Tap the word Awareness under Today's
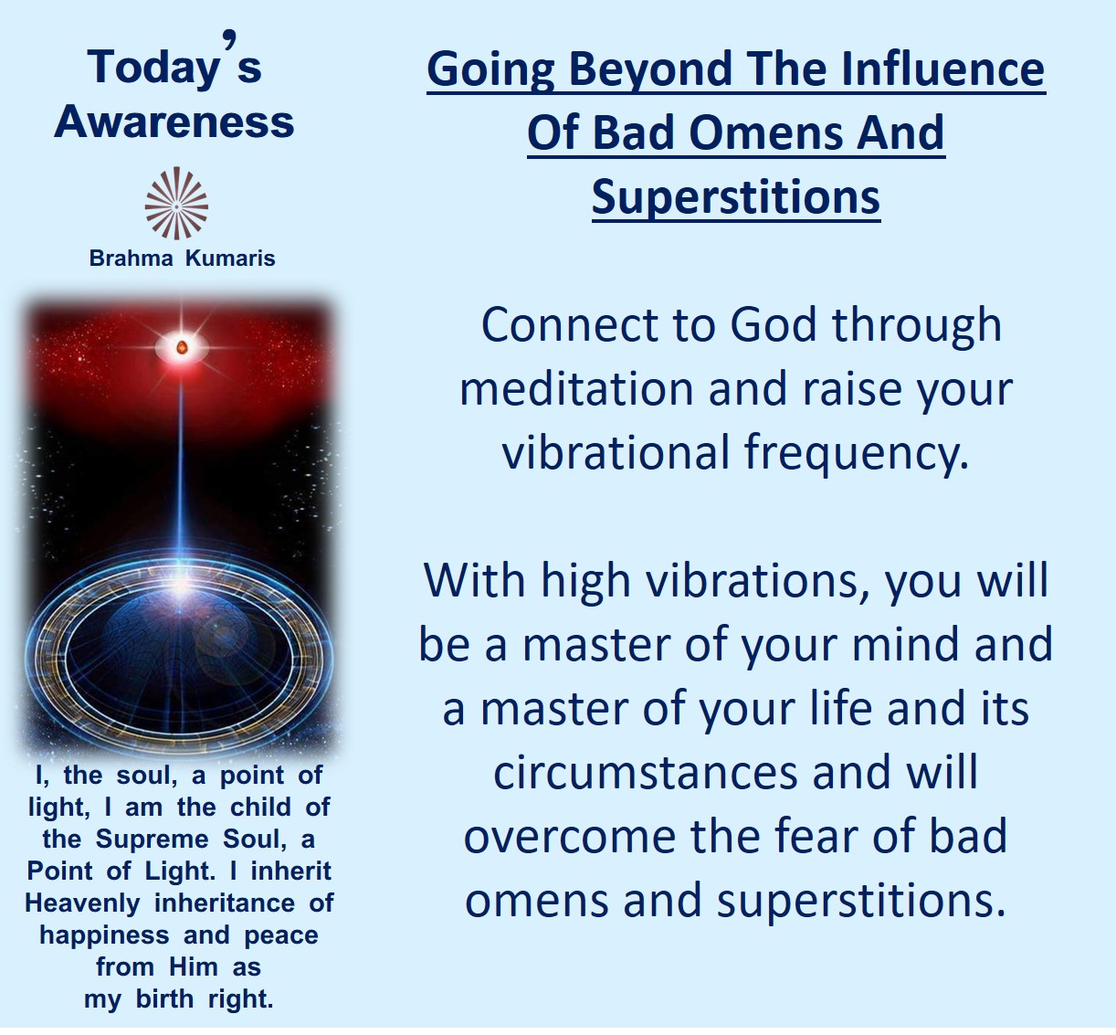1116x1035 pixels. [174, 121]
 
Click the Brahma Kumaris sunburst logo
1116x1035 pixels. [176, 203]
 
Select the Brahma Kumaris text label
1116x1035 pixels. [182, 259]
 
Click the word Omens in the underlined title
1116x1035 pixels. [765, 132]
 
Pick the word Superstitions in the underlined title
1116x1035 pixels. [735, 197]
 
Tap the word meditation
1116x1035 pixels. [576, 389]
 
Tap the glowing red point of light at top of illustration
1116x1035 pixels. [182, 347]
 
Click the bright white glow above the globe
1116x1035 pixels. [181, 585]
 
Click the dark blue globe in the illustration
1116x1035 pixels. [179, 659]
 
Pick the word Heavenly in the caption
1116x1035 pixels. [82, 903]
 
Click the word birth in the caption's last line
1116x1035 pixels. [164, 999]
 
